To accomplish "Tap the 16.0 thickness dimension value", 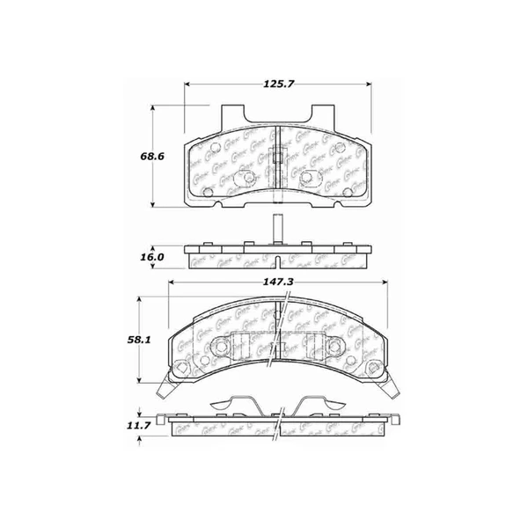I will tap(152, 257).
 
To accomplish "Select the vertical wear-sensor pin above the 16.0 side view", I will tap(277, 226).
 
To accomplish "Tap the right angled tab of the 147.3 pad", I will tap(390, 383).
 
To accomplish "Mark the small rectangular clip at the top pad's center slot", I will tap(277, 158).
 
